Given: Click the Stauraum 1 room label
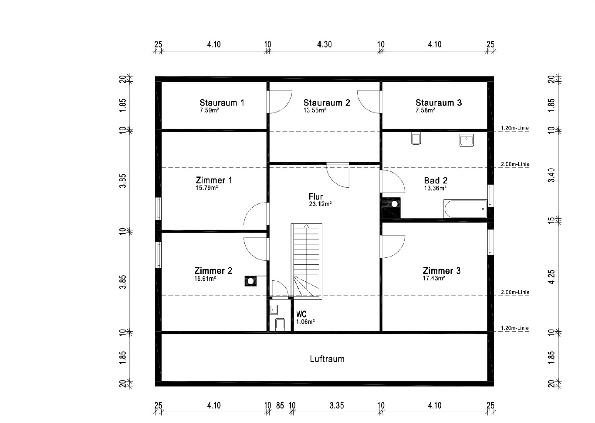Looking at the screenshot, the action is [x=222, y=103].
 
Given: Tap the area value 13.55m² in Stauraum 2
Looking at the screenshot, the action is [x=315, y=110].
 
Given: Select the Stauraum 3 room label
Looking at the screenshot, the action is [x=439, y=103].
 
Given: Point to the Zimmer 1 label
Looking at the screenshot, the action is [x=214, y=180].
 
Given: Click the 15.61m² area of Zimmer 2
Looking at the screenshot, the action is [x=205, y=279].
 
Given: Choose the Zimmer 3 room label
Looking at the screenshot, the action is [x=442, y=270].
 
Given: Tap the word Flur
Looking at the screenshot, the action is [x=315, y=197].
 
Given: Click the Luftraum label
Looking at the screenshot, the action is [x=327, y=359].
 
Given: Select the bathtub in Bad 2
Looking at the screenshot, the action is [x=465, y=209].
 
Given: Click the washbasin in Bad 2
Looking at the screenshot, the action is [x=467, y=140].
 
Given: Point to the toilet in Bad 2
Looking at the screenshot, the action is [x=416, y=138].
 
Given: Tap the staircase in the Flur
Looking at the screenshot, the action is [x=307, y=261].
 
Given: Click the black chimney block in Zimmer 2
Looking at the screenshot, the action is [x=250, y=281].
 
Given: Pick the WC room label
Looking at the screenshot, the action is [x=301, y=314].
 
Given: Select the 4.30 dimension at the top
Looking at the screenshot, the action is [x=325, y=44].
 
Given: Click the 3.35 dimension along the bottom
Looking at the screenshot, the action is [x=337, y=406].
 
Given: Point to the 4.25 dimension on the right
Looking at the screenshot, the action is [x=551, y=277].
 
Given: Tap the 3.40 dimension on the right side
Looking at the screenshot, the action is [x=551, y=175].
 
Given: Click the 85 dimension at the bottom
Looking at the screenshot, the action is [x=280, y=406].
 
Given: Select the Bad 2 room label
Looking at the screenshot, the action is [x=436, y=180].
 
